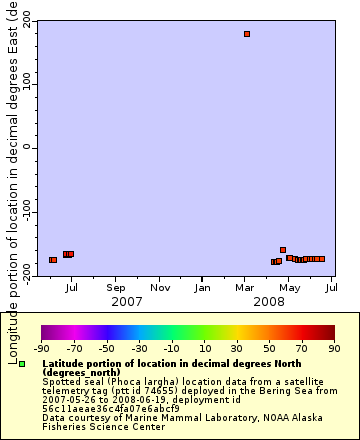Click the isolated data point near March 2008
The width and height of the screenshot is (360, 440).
click(x=247, y=34)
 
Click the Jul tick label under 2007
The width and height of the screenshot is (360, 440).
click(x=72, y=287)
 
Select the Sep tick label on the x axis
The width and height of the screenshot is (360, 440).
click(x=115, y=287)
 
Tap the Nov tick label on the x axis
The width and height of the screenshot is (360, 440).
click(x=159, y=287)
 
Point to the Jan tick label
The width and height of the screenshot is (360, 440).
click(x=202, y=287)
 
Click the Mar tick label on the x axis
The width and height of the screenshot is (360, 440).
click(x=245, y=287)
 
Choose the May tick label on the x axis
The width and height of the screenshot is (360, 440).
click(x=288, y=287)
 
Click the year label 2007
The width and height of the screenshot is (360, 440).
click(x=126, y=300)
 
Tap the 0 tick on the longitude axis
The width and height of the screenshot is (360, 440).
click(x=28, y=147)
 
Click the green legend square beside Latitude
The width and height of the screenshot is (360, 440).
click(x=22, y=364)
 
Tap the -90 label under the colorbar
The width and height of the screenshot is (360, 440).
click(x=41, y=349)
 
